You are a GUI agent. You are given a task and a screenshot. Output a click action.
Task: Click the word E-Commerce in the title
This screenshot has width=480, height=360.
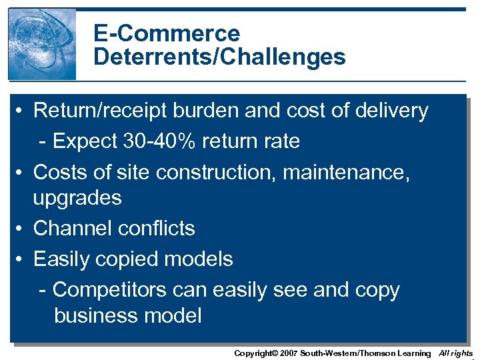pyautogui.click(x=167, y=33)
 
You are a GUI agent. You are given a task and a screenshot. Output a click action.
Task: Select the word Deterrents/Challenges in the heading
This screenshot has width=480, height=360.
pyautogui.click(x=219, y=57)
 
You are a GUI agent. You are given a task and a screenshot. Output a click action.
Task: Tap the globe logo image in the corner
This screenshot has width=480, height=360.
pyautogui.click(x=42, y=44)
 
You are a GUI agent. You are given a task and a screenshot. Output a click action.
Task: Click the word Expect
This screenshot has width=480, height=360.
pyautogui.click(x=84, y=141)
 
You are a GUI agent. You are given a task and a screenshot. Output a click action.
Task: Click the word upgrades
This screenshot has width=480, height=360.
pyautogui.click(x=77, y=198)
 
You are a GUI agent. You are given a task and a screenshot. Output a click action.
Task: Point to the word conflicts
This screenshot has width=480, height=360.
pyautogui.click(x=155, y=228)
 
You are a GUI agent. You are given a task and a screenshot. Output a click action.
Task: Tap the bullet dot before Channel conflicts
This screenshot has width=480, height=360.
pyautogui.click(x=22, y=229)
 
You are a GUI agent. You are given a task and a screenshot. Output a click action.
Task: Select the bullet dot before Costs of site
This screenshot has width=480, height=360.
pyautogui.click(x=22, y=173)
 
